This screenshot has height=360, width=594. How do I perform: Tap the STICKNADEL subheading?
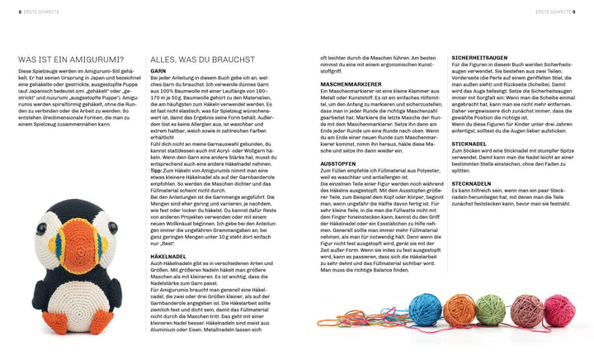coord(469,144)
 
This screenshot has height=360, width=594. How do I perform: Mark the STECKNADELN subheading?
coord(472,183)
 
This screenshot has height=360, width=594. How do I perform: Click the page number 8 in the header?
coord(9,12)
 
